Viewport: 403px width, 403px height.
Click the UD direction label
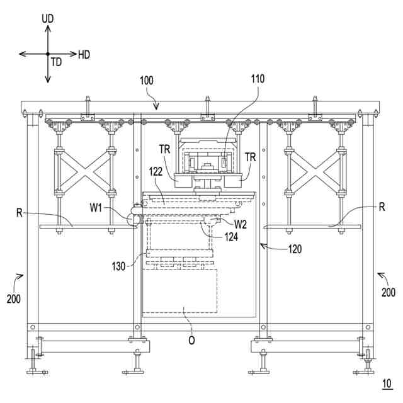48,19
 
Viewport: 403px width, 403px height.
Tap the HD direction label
84,55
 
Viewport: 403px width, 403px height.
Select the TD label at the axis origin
57,62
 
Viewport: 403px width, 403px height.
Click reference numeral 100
146,81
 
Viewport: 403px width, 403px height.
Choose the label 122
157,171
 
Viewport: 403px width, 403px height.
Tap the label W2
241,223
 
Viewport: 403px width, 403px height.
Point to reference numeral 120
295,249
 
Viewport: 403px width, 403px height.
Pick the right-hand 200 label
388,292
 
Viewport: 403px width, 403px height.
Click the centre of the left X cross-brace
85,171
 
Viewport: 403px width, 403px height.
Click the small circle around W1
133,219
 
